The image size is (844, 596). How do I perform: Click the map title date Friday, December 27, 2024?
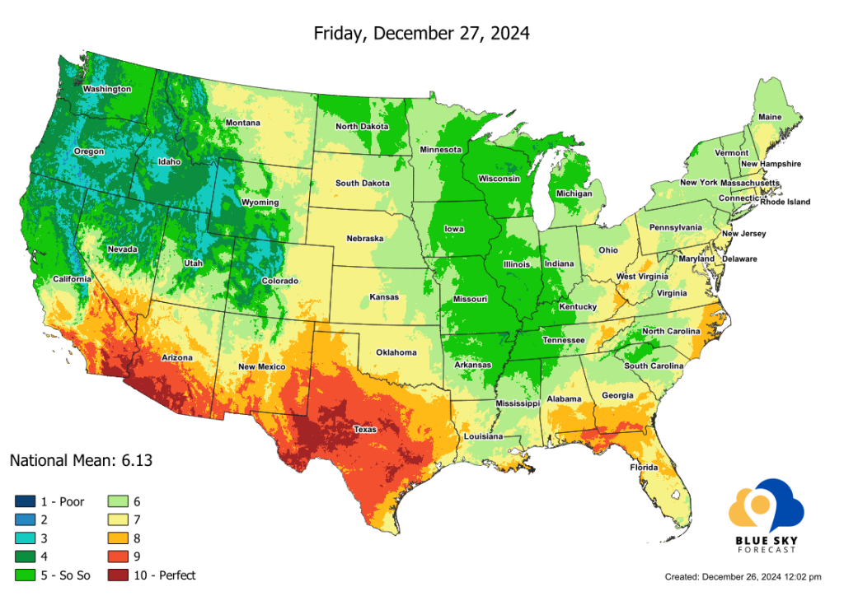[421, 34]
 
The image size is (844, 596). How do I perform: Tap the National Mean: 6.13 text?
[81, 460]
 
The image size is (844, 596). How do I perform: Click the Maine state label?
[770, 117]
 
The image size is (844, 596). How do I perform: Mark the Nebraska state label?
[365, 239]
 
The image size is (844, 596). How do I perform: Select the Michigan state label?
[574, 193]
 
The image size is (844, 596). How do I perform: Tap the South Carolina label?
[653, 366]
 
